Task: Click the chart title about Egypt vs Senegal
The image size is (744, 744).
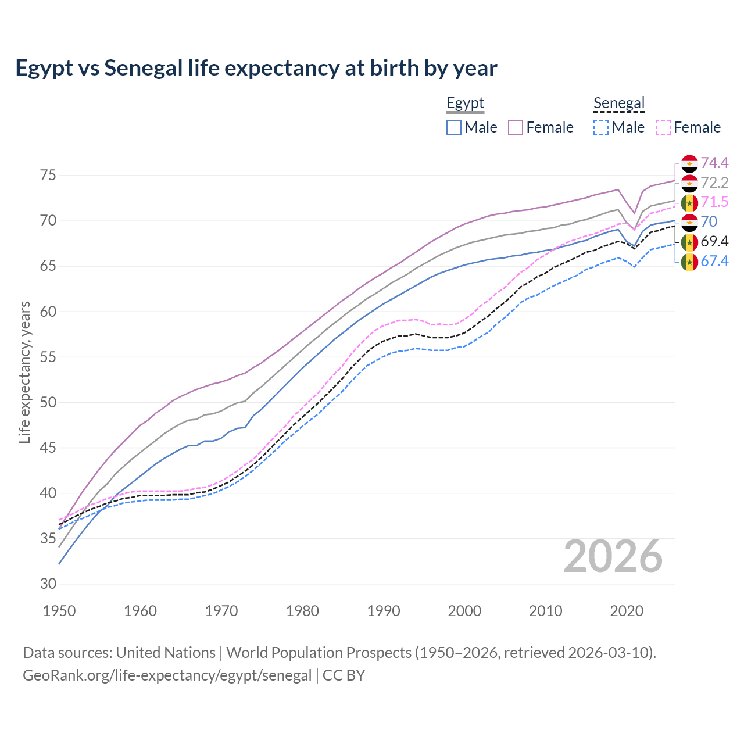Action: tap(256, 68)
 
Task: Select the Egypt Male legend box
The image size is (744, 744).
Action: tap(454, 127)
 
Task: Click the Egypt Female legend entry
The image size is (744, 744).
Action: tap(541, 127)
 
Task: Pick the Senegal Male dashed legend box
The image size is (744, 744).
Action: tap(601, 127)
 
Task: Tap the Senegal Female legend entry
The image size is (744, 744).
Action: tap(688, 127)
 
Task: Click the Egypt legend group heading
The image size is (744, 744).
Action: tap(465, 103)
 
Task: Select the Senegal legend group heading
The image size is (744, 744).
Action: tap(619, 103)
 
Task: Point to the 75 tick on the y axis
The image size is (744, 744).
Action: tap(48, 176)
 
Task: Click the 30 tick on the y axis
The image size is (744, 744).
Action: tap(48, 584)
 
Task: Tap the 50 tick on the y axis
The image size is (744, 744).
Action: tap(48, 403)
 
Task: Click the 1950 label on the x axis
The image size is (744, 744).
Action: tap(59, 611)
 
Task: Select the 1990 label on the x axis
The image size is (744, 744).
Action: tap(384, 611)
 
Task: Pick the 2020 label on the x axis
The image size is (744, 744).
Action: tap(627, 611)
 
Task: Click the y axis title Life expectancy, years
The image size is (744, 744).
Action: tap(24, 372)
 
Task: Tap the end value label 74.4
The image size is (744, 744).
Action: tap(714, 163)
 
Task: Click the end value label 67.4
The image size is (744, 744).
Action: tap(714, 261)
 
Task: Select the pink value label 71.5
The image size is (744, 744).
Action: tap(714, 202)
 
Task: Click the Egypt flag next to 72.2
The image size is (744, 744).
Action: tap(689, 183)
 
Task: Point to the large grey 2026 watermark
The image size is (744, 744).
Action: tap(613, 556)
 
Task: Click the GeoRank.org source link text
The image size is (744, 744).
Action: tap(167, 675)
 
